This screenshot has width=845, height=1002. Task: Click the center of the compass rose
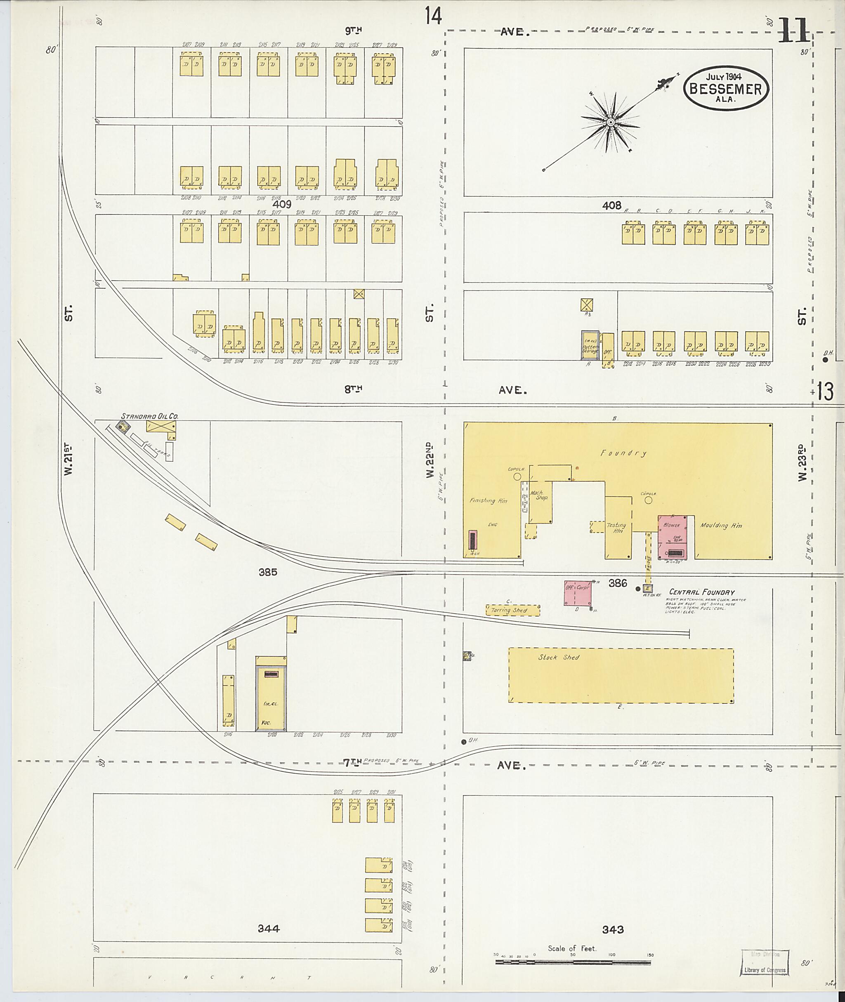611,123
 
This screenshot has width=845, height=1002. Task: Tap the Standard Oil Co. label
149,416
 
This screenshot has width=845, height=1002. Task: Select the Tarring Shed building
512,610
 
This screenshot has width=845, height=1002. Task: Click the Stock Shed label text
559,658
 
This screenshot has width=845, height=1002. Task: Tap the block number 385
268,572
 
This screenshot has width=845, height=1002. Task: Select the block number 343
613,930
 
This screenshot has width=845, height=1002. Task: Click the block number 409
282,204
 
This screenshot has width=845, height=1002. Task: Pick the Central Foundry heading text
702,592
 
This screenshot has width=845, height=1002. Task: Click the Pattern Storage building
590,345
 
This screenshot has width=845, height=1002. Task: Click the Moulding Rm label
720,526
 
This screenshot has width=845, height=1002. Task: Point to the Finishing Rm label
488,500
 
